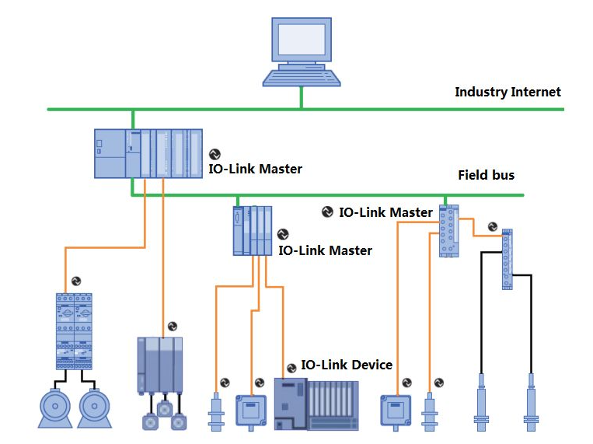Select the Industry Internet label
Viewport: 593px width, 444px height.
508,92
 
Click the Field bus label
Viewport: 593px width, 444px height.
486,175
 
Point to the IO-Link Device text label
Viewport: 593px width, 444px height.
346,365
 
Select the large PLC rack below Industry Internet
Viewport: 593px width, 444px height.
148,153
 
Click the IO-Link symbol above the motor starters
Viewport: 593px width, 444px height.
76,281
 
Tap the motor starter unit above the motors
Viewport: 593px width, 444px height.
75,330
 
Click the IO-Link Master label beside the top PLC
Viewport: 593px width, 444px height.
255,168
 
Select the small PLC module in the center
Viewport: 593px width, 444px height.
253,230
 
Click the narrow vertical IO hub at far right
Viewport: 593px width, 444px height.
507,258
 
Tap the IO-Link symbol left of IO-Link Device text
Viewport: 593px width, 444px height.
292,366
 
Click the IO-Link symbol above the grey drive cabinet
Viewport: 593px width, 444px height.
173,327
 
